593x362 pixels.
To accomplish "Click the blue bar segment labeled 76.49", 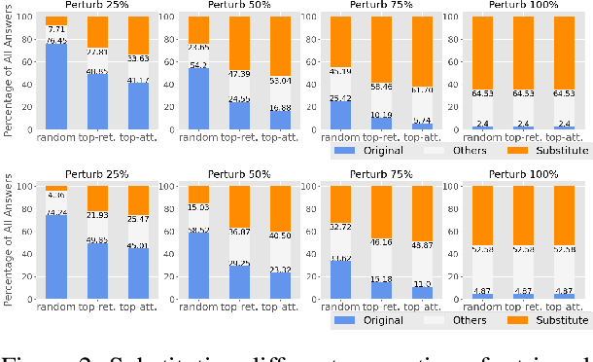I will pyautogui.click(x=57, y=87).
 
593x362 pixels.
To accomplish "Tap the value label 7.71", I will pyautogui.click(x=57, y=30).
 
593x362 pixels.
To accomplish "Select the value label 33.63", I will pyautogui.click(x=137, y=57).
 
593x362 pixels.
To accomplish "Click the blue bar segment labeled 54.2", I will pyautogui.click(x=198, y=98).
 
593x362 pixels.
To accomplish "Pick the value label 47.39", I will pyautogui.click(x=238, y=73).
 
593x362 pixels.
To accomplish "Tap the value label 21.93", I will pyautogui.click(x=97, y=214).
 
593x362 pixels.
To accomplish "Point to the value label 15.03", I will pyautogui.click(x=198, y=206).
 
